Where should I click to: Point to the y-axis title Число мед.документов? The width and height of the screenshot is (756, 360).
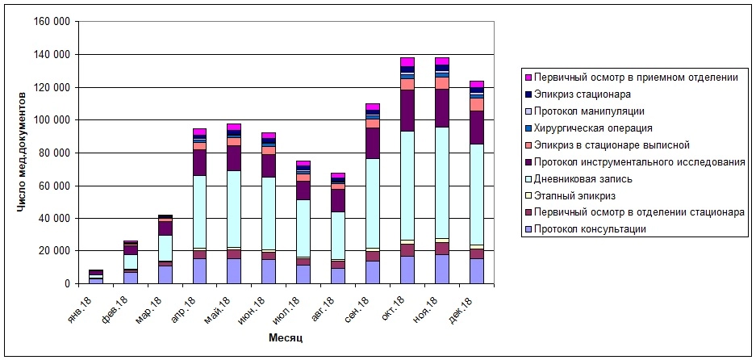coord(23,153)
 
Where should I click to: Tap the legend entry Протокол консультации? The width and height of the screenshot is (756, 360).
coord(590,229)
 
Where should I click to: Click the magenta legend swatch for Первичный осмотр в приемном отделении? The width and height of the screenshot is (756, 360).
coord(528,77)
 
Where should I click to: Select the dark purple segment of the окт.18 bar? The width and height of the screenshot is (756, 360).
coord(408,110)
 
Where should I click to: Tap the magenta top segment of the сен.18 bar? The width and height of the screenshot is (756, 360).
coord(373,107)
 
